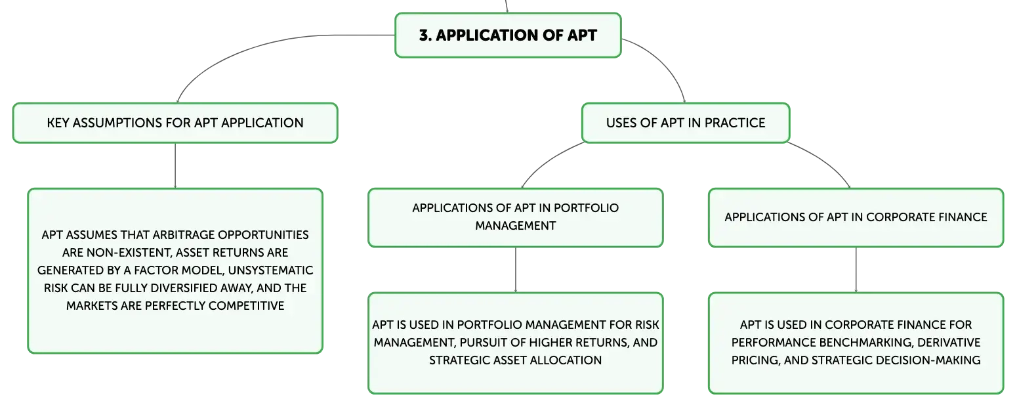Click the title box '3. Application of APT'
508,35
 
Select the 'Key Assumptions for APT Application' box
175,123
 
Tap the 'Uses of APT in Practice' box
686,123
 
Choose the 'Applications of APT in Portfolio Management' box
515,217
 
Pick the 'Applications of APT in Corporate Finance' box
856,217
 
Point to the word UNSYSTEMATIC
270,270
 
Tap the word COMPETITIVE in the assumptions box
246,306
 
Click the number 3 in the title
424,35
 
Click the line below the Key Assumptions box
175,166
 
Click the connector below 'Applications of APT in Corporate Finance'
856,270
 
